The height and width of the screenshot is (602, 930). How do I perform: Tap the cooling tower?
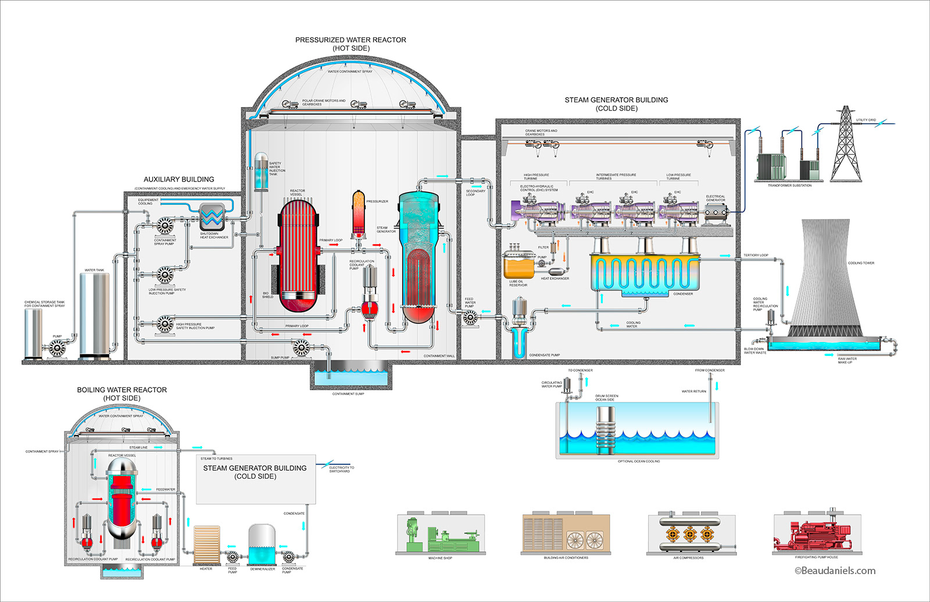[x=825, y=279]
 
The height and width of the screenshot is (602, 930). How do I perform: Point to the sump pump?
[x=301, y=348]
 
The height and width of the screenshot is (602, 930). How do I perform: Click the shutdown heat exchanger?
[x=213, y=218]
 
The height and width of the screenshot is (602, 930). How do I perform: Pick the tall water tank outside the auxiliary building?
[x=94, y=314]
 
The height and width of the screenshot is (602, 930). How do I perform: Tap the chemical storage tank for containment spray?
[x=33, y=333]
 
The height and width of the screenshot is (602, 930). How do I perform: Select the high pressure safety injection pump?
[x=165, y=325]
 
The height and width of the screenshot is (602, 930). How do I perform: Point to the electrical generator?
[x=716, y=214]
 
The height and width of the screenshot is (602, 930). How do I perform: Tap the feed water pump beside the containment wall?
[x=470, y=317]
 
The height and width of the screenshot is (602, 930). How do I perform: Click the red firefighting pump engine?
[x=812, y=536]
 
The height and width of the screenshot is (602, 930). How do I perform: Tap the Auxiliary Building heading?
[x=179, y=179]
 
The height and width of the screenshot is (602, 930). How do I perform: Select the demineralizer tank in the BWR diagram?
[x=262, y=544]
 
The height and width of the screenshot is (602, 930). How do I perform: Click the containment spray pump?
[x=165, y=226]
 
